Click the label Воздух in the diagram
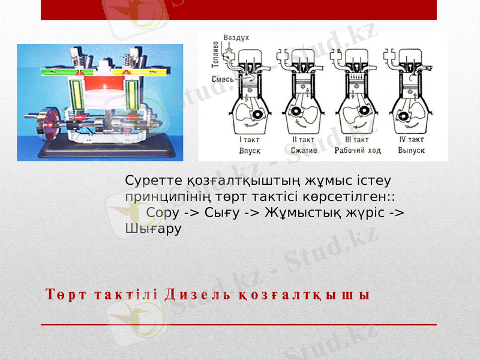pyautogui.click(x=236, y=38)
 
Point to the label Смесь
pyautogui.click(x=222, y=79)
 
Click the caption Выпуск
pyautogui.click(x=412, y=151)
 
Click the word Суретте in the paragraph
pyautogui.click(x=148, y=180)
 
